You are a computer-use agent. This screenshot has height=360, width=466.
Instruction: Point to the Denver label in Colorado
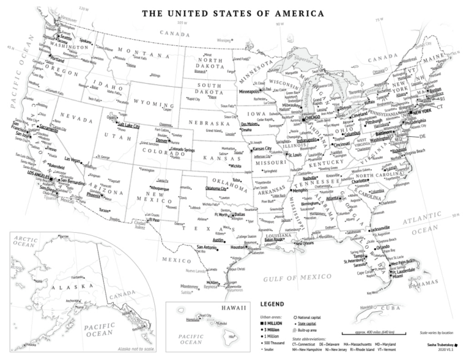[162, 140]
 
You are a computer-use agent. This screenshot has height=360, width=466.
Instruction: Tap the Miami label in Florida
[398, 276]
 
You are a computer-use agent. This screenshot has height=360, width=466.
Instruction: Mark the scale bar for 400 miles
[372, 333]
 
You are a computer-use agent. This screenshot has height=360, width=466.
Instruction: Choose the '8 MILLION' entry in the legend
[278, 321]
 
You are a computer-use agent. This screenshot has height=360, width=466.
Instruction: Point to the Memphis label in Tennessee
[301, 191]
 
